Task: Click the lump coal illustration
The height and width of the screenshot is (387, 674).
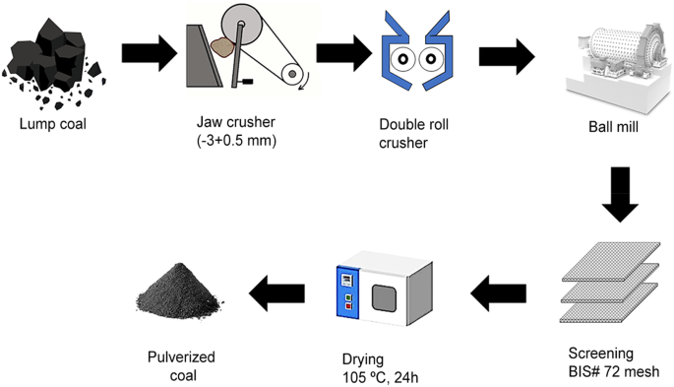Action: (x=50, y=58)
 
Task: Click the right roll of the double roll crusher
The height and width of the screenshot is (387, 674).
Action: (x=430, y=60)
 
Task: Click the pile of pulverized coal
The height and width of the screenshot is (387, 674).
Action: (x=187, y=294)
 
